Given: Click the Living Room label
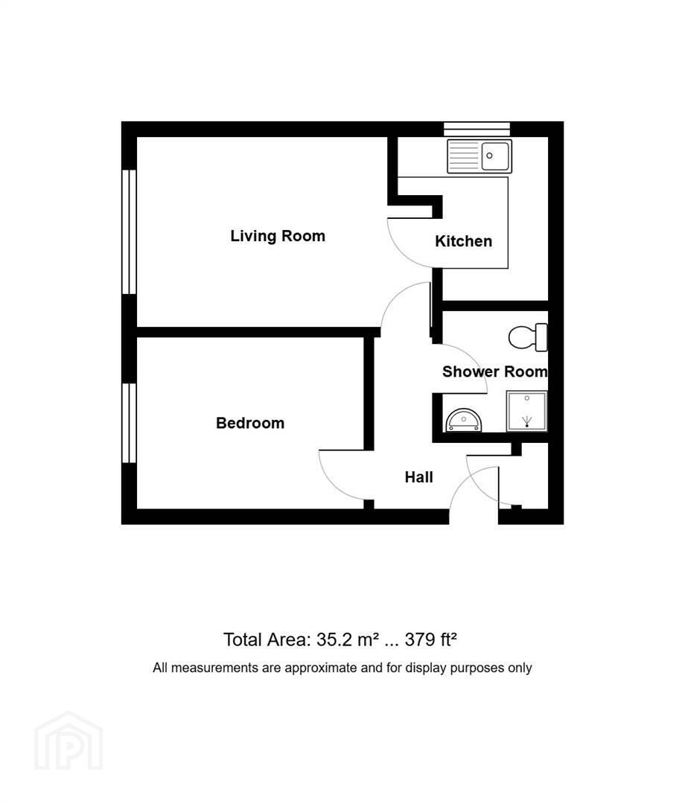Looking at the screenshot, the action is (278, 236).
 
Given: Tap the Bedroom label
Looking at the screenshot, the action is (250, 423).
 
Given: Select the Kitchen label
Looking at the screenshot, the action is (464, 241).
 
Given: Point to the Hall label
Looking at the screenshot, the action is (419, 477).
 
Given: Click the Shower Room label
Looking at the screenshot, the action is (495, 371).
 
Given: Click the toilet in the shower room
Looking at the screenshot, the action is (528, 337).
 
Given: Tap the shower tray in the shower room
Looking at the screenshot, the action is (526, 411).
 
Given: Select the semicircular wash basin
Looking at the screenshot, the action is (464, 420).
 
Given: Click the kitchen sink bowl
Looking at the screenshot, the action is (494, 156).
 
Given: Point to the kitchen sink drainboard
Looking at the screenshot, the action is (464, 156).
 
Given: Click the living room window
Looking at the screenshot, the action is (129, 232).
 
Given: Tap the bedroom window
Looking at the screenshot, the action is (129, 423).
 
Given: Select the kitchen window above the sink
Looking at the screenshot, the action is (477, 129).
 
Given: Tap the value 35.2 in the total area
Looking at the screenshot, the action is (334, 640).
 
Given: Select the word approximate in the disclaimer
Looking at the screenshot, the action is (320, 668).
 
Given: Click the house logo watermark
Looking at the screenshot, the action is (68, 741).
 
